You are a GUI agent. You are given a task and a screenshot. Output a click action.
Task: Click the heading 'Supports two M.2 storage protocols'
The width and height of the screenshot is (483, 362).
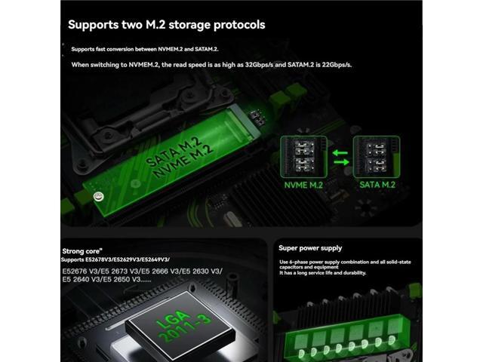coord(166,25)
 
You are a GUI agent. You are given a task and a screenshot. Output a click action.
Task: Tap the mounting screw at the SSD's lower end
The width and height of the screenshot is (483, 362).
coord(98,196)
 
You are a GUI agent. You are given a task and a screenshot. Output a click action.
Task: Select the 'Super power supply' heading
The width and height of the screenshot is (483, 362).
coord(310,247)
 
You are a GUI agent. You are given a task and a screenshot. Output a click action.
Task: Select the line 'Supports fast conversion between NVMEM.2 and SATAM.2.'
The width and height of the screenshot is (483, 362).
coord(144,49)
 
